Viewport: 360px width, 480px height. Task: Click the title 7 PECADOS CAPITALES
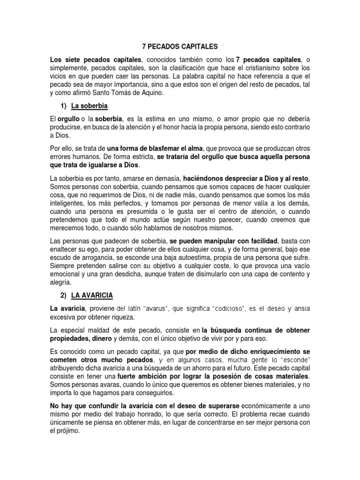(180, 47)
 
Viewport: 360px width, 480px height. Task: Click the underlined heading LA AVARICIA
(92, 296)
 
